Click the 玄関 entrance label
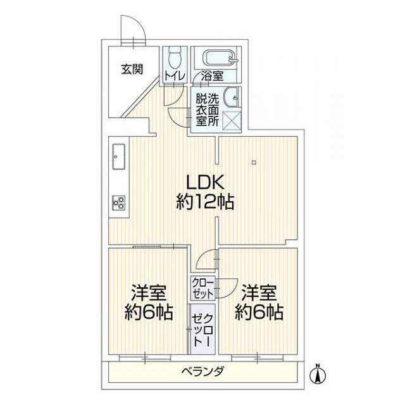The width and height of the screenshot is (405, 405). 132,68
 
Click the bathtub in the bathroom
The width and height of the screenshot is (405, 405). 220,58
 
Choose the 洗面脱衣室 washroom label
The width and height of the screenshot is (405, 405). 207,109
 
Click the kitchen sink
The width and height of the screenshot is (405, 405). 119,156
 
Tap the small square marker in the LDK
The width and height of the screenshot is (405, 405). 253,163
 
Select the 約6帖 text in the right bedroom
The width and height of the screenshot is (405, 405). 259,312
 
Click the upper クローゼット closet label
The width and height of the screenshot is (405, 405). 202,289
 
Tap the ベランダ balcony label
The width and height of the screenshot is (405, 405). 202,371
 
